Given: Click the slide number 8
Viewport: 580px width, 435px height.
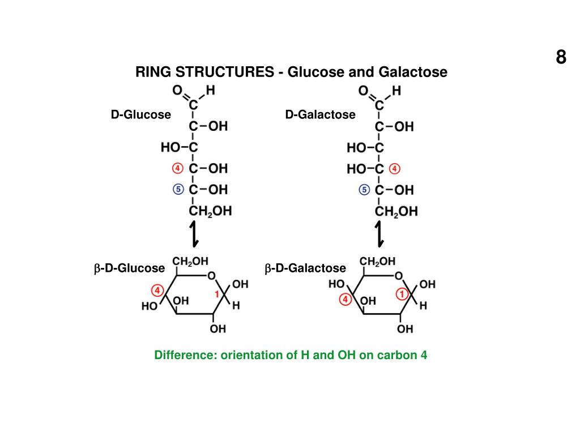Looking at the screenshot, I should [560, 57].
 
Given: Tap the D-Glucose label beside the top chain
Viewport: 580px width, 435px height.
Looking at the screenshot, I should [140, 115].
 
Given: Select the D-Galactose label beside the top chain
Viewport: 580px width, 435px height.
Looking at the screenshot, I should [320, 115].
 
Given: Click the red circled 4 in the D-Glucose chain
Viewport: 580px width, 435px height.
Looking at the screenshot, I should [178, 168].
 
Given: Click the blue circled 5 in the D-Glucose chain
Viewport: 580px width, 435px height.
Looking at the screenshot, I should [178, 189].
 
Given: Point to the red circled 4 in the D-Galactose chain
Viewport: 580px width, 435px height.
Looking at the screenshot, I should [395, 169].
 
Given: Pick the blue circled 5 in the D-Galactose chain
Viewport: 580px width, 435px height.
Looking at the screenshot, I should [364, 190].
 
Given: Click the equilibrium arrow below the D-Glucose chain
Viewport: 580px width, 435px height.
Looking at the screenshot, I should [194, 233].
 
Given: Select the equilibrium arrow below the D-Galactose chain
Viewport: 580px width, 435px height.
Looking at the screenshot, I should [379, 233].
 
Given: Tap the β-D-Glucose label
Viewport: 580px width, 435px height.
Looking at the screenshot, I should [129, 268].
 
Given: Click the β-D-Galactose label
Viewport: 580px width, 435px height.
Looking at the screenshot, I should [305, 268].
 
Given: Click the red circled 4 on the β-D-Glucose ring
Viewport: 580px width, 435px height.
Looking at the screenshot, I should [158, 291].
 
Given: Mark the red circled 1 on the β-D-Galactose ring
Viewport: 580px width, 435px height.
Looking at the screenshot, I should [402, 294].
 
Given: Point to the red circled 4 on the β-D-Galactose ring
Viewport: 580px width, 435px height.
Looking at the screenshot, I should [344, 300].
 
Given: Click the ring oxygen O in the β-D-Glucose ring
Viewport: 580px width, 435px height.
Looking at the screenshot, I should [211, 276].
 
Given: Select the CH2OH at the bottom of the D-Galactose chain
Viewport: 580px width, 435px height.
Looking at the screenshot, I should [396, 212].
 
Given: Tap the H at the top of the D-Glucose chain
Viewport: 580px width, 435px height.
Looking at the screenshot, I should [210, 89].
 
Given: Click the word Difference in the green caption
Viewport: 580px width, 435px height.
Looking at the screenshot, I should [186, 356].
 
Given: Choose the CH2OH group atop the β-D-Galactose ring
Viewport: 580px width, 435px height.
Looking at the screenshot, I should [378, 262].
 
